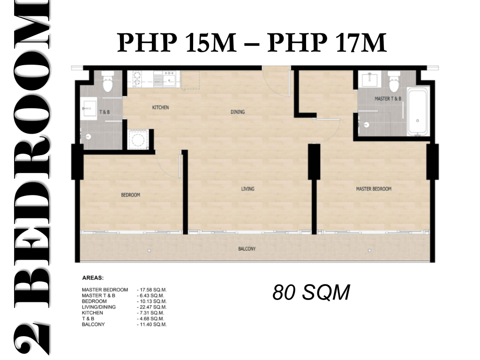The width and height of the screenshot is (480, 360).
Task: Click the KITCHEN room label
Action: coord(160,107)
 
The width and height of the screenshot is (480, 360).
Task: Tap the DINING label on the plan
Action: coord(238,112)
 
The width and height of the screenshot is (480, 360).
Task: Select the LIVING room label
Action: coord(247,189)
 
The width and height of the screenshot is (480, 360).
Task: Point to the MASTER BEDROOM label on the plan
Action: coord(374,189)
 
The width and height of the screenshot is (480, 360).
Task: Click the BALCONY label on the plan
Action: coord(247,249)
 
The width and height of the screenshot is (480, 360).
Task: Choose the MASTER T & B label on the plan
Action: coord(388,98)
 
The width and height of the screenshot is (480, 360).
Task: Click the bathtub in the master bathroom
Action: coord(417,112)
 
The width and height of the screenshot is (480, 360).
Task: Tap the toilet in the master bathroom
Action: coord(394,81)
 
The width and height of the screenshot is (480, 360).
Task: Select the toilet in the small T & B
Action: coord(107,82)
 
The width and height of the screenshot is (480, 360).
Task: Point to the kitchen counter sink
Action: coord(169,80)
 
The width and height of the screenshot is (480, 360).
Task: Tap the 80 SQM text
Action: coord(311,292)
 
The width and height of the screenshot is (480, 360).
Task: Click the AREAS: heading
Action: coord(93,278)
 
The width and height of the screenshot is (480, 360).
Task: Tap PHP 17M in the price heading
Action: coord(327,43)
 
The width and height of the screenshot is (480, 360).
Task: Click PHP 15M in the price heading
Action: coord(177,43)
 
